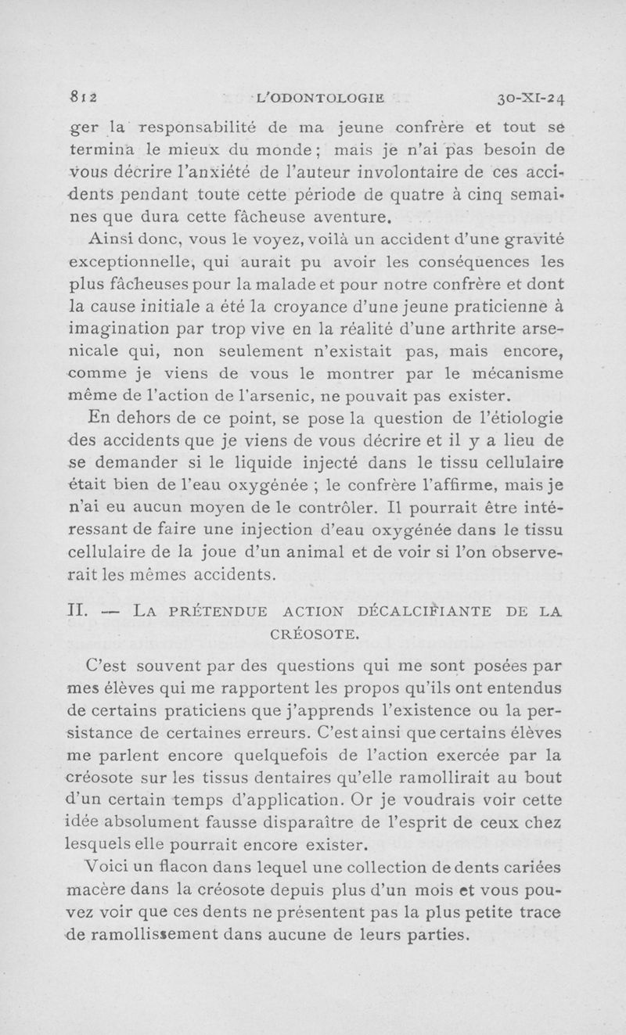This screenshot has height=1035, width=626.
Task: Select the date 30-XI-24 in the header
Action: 531,99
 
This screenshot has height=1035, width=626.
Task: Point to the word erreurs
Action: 282,734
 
